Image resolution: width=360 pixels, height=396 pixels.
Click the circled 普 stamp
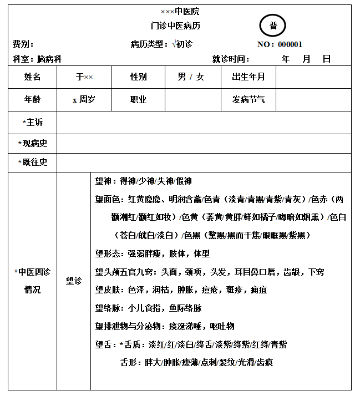[272, 26]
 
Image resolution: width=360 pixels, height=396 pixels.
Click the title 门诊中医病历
[175, 26]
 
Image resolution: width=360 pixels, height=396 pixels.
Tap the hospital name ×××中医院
[180, 11]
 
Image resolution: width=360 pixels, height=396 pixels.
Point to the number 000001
[290, 44]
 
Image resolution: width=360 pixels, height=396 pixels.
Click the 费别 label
[23, 44]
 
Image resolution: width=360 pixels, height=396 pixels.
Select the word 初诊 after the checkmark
[185, 44]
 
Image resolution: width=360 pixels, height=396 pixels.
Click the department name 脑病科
[49, 59]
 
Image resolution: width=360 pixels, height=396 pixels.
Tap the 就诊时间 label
[230, 59]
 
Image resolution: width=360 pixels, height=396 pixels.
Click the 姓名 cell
[32, 77]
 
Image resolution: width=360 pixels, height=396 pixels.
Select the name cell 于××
[84, 77]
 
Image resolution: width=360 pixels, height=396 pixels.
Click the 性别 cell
[138, 77]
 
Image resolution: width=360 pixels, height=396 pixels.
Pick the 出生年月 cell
[248, 77]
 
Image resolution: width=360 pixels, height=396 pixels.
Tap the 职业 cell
[138, 100]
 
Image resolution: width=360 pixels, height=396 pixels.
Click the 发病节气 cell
[248, 100]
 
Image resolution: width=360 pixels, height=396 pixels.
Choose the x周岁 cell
[84, 100]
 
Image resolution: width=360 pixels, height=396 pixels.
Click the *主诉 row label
[32, 122]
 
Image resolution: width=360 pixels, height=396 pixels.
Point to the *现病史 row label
[32, 143]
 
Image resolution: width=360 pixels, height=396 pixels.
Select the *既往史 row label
[32, 162]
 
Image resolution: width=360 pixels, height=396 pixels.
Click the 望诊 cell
[74, 281]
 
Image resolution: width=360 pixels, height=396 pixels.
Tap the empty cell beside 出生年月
[313, 77]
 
